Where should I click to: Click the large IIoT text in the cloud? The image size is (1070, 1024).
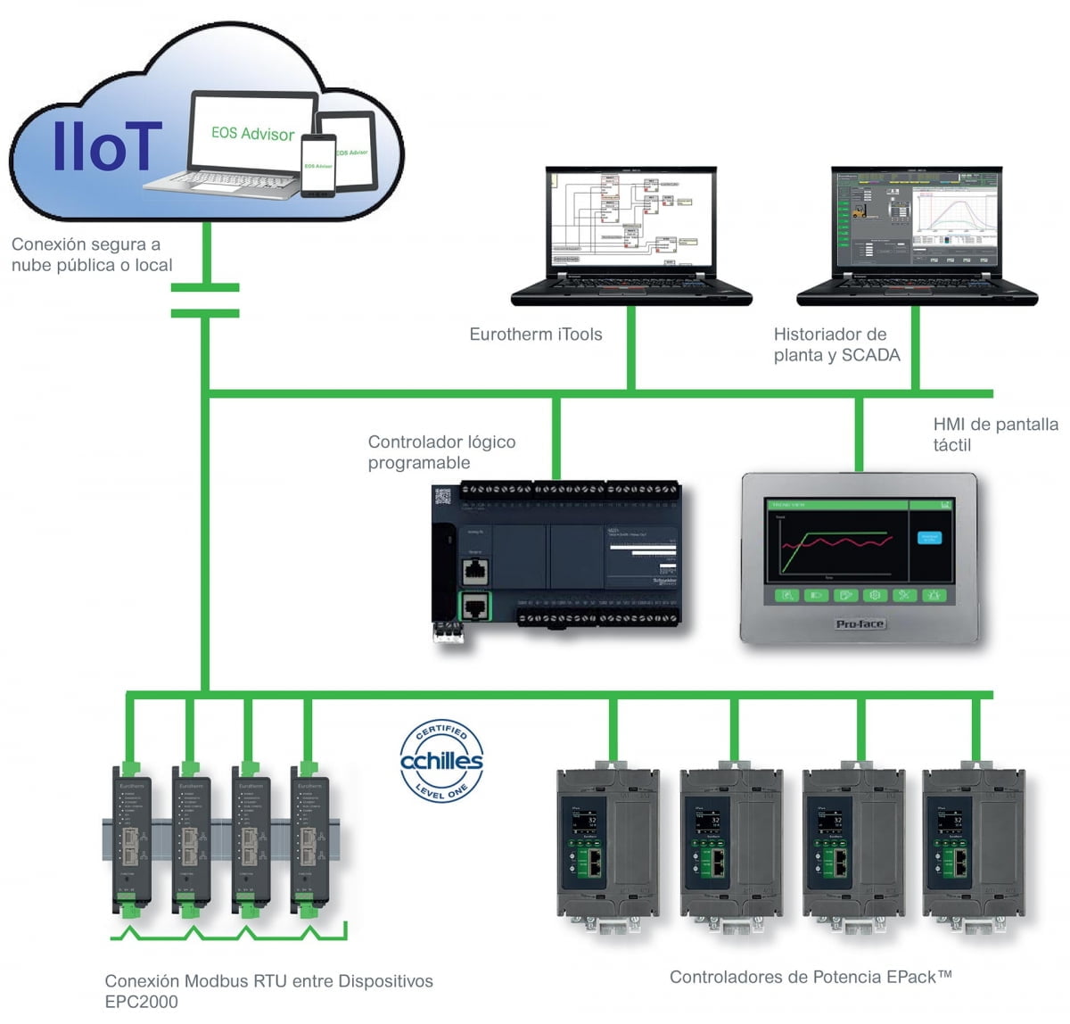tap(107, 145)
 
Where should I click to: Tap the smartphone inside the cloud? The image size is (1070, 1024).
tap(317, 165)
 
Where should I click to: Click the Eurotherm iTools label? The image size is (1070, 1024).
tap(535, 334)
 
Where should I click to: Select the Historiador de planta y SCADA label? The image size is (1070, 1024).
tap(836, 345)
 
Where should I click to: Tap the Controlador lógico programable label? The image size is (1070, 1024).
tap(441, 452)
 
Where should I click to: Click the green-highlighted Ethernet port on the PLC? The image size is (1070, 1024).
tap(475, 607)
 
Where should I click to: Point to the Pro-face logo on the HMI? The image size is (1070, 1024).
tap(860, 623)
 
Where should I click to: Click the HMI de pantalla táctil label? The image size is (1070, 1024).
tap(994, 434)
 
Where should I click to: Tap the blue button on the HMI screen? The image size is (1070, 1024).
tap(929, 538)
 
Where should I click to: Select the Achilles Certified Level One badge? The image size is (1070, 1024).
tap(441, 761)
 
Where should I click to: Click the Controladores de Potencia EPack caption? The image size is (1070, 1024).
tap(811, 977)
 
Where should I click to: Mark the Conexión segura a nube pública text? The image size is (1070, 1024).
tap(91, 254)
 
